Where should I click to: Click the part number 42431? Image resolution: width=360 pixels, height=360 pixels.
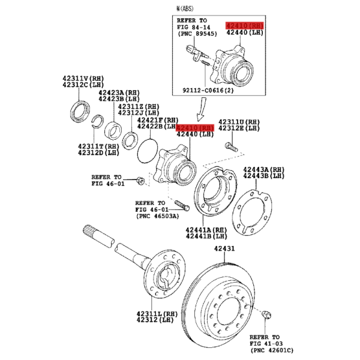pyautogui.click(x=224, y=248)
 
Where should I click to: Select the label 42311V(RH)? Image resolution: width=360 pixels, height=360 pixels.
pyautogui.click(x=83, y=78)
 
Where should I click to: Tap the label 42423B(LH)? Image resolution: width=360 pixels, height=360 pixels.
pyautogui.click(x=119, y=99)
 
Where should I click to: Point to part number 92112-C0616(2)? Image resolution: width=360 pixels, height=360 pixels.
pyautogui.click(x=208, y=90)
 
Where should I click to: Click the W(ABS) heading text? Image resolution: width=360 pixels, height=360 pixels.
pyautogui.click(x=185, y=9)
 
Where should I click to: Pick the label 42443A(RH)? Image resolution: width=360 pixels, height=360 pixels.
pyautogui.click(x=264, y=169)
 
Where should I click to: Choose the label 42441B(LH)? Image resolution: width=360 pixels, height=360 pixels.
pyautogui.click(x=206, y=236)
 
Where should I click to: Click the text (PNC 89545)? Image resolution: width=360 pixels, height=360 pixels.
pyautogui.click(x=197, y=34)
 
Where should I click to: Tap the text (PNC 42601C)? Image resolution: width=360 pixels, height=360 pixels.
pyautogui.click(x=272, y=350)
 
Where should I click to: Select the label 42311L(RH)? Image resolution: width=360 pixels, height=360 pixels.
pyautogui.click(x=157, y=314)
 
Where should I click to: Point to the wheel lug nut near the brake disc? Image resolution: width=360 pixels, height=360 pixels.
pyautogui.click(x=266, y=314)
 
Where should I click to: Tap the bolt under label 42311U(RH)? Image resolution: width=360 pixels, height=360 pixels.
pyautogui.click(x=231, y=147)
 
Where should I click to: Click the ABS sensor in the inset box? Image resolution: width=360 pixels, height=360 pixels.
pyautogui.click(x=196, y=53)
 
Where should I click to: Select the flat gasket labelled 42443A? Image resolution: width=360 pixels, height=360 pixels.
pyautogui.click(x=252, y=212)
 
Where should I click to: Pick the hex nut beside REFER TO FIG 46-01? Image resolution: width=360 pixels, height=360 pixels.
pyautogui.click(x=140, y=181)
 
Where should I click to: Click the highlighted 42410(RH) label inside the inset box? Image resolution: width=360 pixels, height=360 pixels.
pyautogui.click(x=245, y=25)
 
